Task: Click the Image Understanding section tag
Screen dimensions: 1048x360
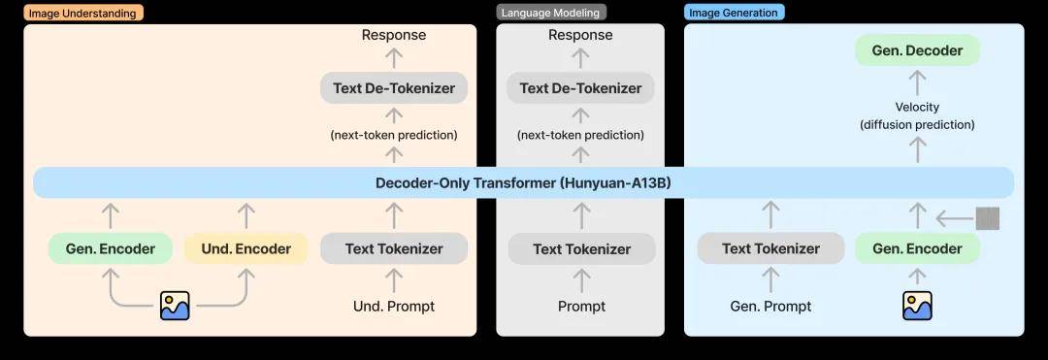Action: tap(82, 13)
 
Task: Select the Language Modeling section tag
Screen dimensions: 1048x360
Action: tap(551, 13)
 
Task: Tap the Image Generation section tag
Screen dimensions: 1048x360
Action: tap(734, 13)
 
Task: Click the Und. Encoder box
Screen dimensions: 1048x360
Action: tap(246, 249)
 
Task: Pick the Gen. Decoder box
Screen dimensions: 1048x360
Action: tap(918, 50)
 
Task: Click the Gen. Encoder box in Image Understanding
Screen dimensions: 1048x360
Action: tap(111, 249)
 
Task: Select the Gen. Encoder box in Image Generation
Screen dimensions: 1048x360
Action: tap(918, 249)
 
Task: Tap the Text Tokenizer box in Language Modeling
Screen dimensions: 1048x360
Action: tap(581, 249)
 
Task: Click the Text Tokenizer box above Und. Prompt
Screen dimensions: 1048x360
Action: tap(394, 249)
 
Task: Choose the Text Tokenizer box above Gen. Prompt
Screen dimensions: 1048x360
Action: tap(770, 249)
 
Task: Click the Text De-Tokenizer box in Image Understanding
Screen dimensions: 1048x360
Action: tap(394, 88)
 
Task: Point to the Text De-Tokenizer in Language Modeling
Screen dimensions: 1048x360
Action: tap(580, 88)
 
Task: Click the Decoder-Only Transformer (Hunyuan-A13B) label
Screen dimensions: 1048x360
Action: tap(523, 183)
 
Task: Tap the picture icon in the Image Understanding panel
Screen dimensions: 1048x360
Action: tap(175, 306)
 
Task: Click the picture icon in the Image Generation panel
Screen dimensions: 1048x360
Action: tap(918, 306)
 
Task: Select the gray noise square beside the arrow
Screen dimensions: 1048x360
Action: tap(988, 218)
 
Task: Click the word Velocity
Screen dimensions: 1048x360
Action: tap(918, 107)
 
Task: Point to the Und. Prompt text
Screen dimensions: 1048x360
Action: tap(394, 307)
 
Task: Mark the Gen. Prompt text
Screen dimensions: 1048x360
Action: tap(770, 307)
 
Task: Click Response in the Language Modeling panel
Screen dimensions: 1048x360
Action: tap(580, 35)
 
